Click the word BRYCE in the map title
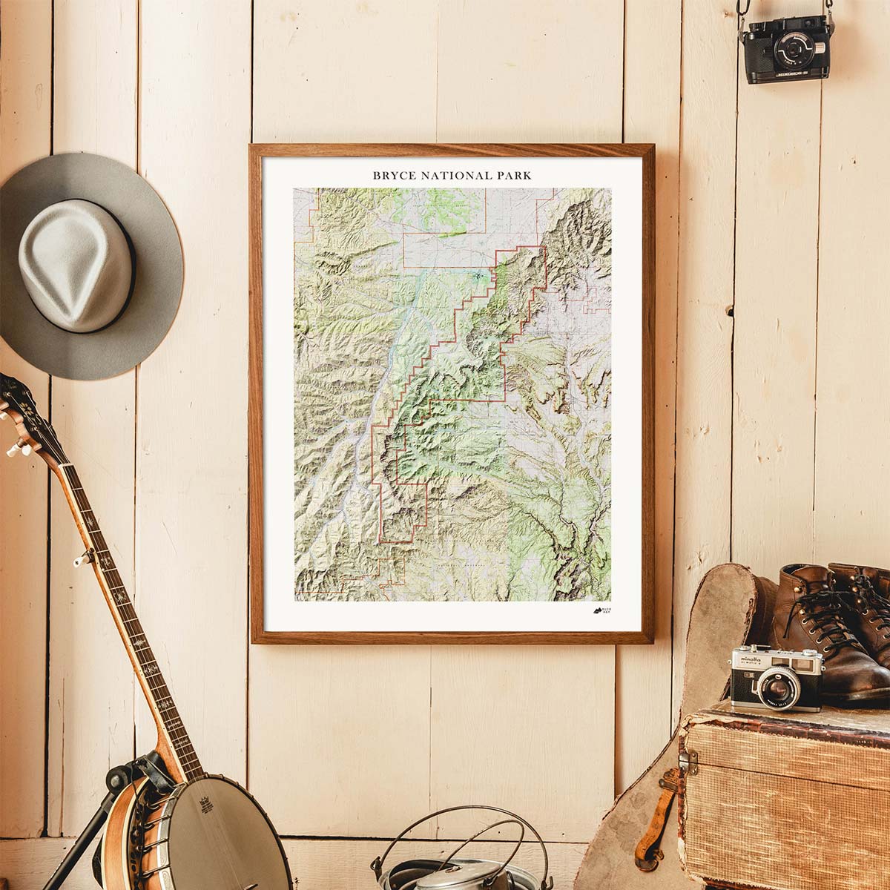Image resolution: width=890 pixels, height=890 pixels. (x=394, y=176)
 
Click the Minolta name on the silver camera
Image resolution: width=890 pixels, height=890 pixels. (x=750, y=657)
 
